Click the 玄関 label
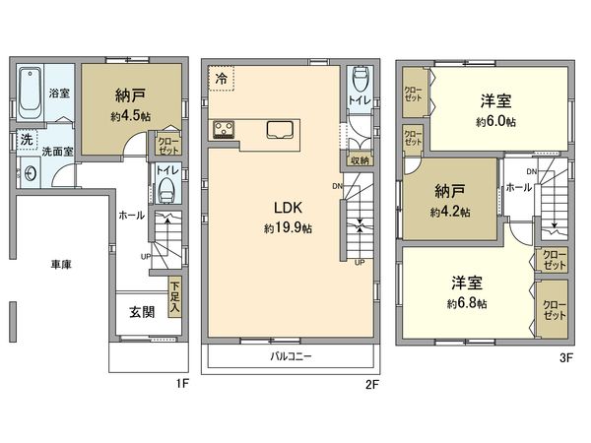141,313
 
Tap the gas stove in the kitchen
222,129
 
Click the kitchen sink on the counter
279,129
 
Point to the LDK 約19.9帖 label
287,217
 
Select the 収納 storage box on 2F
359,159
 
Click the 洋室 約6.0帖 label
495,109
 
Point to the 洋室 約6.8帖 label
466,291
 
